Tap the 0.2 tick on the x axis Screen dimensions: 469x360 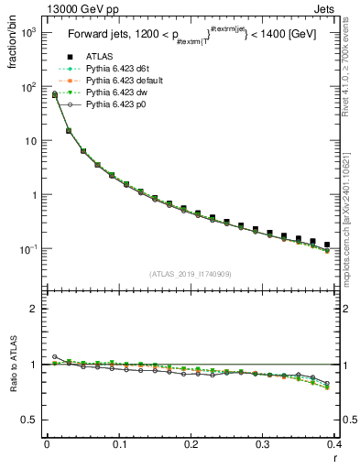(x=191, y=444)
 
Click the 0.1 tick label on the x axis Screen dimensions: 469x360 (x=119, y=444)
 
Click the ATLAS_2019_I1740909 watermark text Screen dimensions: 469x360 (x=190, y=274)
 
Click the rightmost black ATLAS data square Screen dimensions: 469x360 (x=327, y=245)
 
